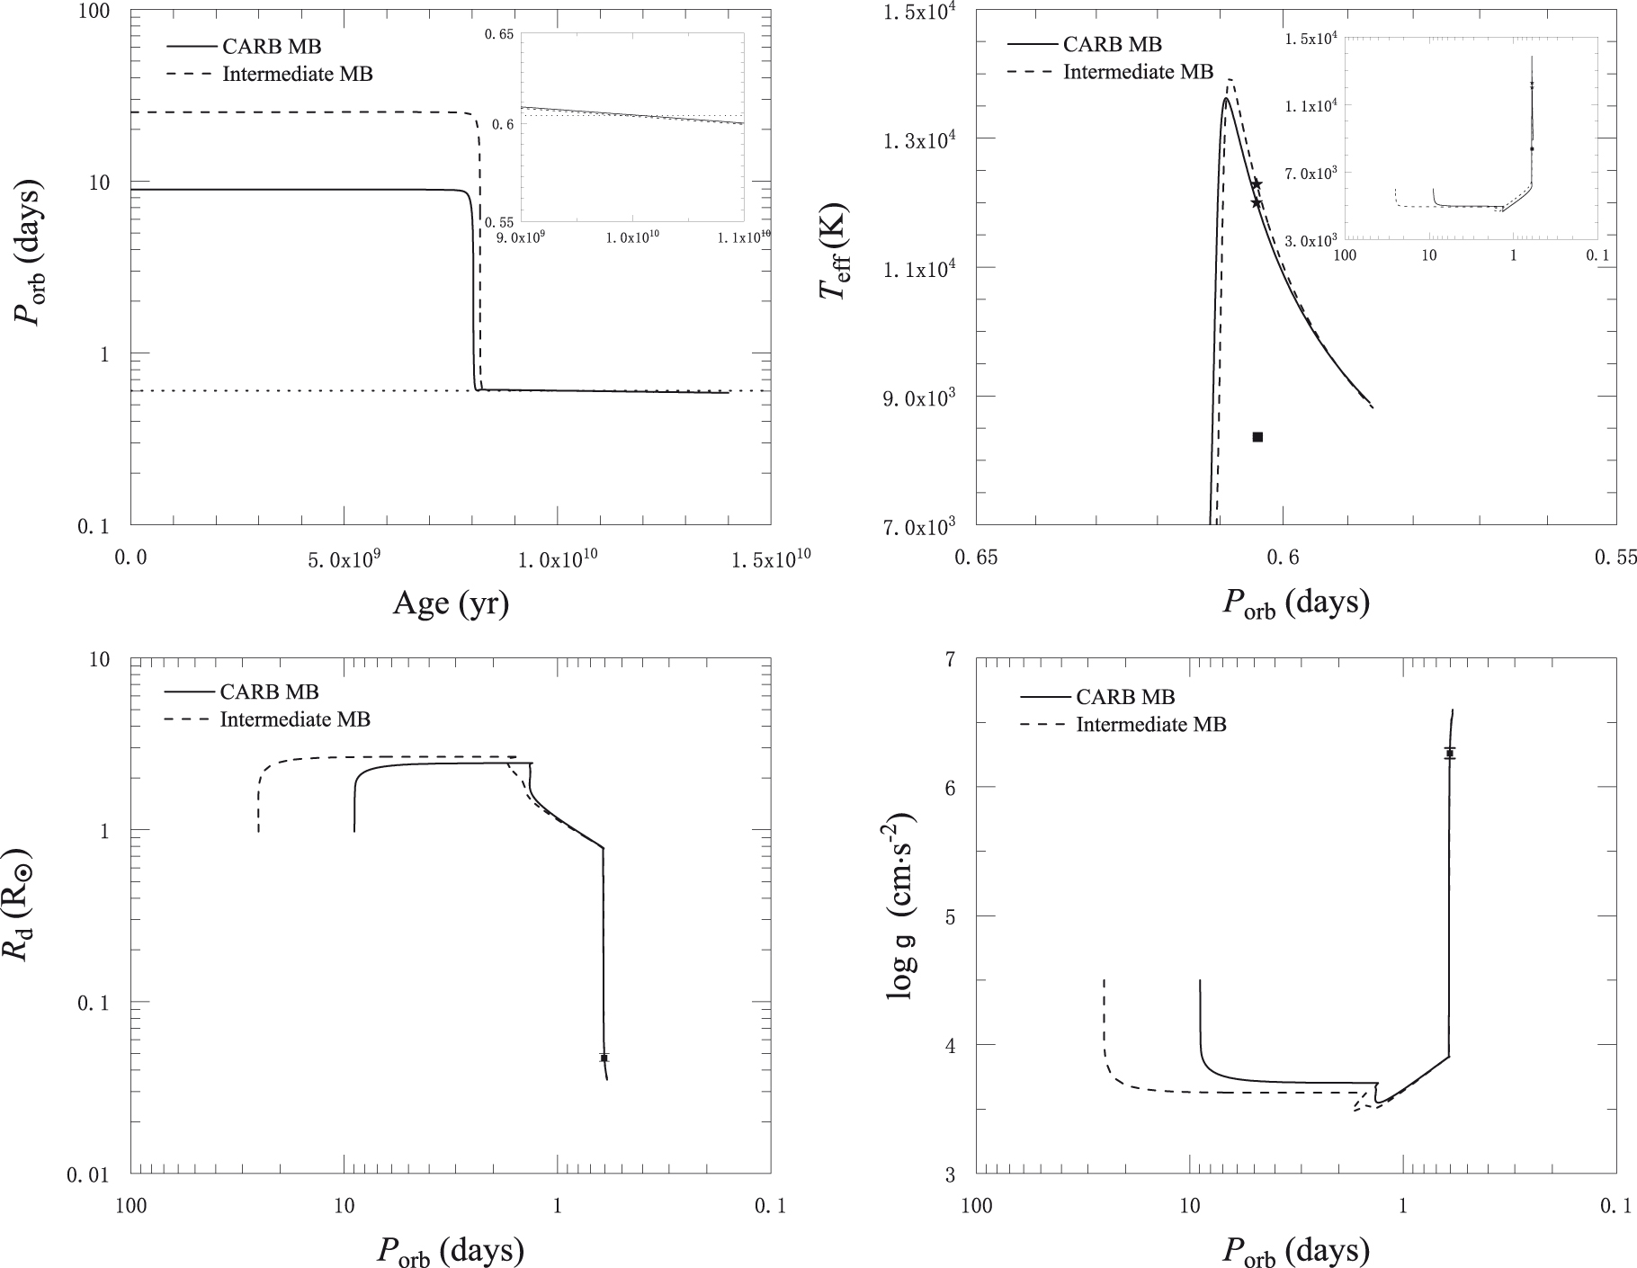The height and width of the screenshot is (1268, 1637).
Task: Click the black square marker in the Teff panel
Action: point(1257,437)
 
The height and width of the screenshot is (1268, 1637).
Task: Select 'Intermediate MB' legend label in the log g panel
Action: point(1151,724)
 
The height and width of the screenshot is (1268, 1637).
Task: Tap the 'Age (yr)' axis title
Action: point(451,603)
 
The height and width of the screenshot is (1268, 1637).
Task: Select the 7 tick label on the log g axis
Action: point(953,659)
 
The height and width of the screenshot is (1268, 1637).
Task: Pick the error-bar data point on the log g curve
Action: point(1450,753)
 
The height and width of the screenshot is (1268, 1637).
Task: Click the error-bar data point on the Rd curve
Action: point(604,1058)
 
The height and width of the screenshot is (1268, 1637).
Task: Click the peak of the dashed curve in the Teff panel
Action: point(1230,80)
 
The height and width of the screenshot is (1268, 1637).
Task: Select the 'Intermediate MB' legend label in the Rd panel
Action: point(295,719)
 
